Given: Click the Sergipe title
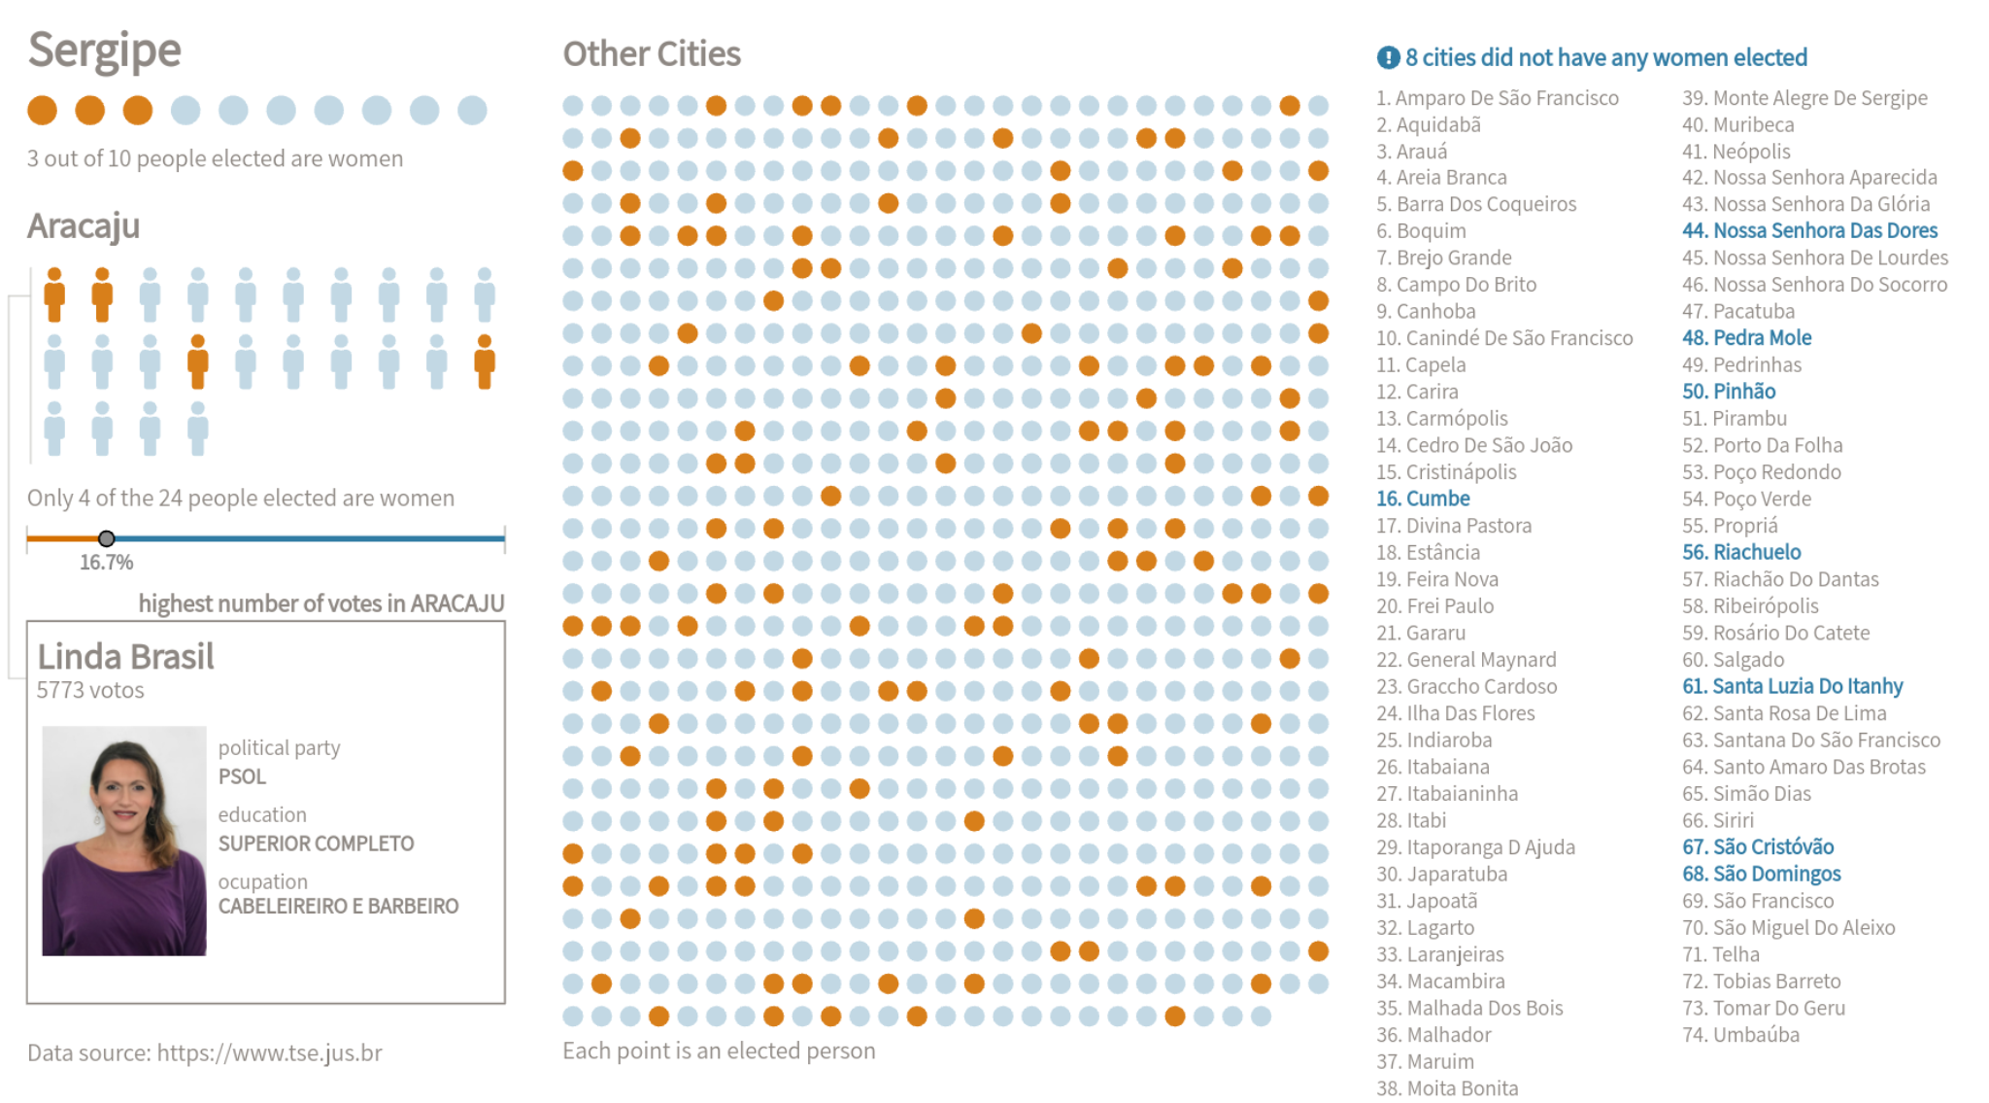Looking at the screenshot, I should pos(104,51).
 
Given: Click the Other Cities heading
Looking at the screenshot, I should pos(652,54).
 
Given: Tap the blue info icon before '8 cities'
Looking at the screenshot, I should pos(1388,58).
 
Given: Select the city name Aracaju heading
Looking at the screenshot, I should pos(84,226).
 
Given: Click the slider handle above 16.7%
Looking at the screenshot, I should pos(107,538).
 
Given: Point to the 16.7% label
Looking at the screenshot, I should pos(106,563).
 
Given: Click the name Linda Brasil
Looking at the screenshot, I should pos(125,657).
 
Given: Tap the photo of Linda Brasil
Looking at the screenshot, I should pos(124,841).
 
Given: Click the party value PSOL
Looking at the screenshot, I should pos(242,776).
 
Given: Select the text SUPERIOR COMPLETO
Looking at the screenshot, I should pos(316,844).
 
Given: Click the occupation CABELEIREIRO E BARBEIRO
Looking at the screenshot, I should pos(338,906).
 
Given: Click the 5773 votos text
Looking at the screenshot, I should pos(90,691).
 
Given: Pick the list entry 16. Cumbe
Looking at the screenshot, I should pos(1423,499).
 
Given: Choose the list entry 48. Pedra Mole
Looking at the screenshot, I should pos(1746,338).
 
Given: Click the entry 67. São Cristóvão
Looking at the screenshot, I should pos(1758,846).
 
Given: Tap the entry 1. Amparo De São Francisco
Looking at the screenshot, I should pos(1497,98).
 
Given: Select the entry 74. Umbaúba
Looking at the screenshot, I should pos(1740,1035).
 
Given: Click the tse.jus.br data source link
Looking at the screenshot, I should pos(269,1053).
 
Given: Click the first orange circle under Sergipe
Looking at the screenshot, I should pos(42,111).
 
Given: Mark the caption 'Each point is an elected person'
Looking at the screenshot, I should pos(719,1051).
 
